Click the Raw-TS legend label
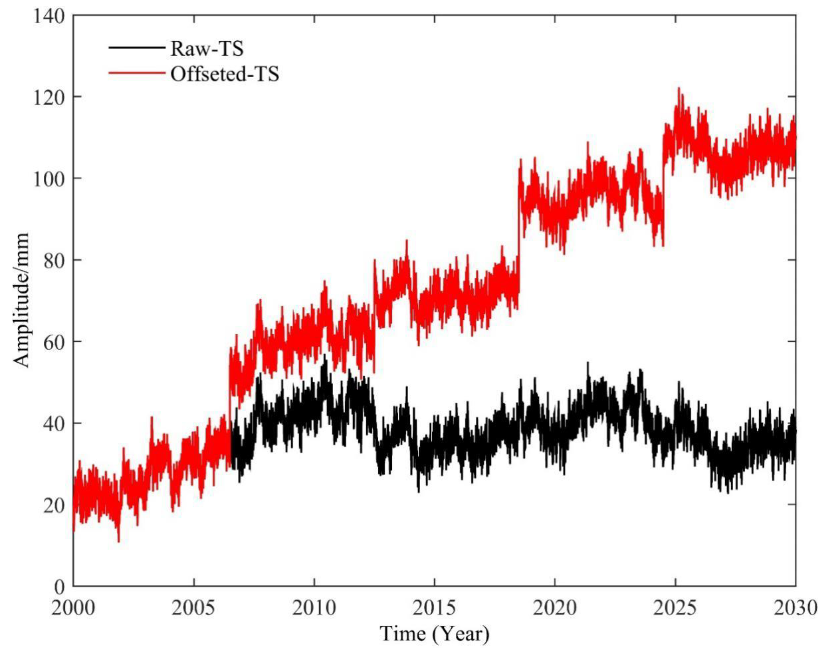tap(206, 49)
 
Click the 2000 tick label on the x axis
tap(73, 608)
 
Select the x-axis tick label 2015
tap(434, 608)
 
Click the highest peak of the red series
tap(679, 88)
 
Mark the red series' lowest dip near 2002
tap(119, 541)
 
